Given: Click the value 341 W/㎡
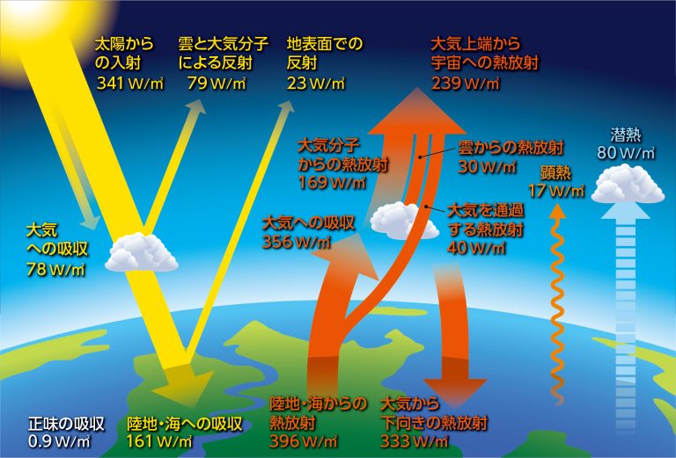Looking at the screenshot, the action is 130,84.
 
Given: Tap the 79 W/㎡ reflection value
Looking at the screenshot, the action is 217,84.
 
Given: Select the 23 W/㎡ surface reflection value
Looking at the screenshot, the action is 316,84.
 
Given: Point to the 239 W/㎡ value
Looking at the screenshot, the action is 465,84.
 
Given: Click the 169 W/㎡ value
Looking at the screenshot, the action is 332,183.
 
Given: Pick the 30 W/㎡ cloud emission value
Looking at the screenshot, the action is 487,166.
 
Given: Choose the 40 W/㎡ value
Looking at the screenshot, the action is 477,248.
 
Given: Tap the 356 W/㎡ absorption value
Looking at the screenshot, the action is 297,242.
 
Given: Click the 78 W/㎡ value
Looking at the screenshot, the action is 55,269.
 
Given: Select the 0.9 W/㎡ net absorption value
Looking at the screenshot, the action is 59,441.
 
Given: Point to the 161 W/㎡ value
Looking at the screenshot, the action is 159,441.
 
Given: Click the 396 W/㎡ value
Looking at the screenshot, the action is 304,441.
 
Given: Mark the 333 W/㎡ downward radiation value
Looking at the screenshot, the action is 415,441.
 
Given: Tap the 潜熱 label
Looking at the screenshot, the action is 626,135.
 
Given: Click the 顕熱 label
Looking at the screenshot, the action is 555,172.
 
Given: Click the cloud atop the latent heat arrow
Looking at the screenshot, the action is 628,184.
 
